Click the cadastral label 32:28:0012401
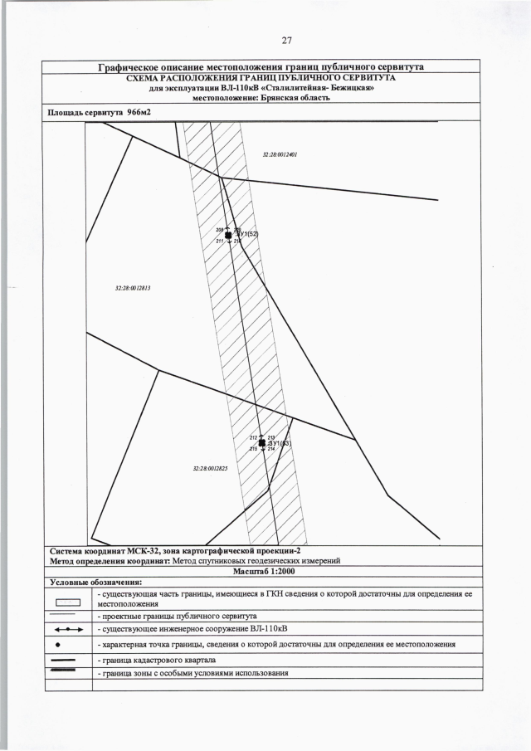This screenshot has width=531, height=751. (x=279, y=154)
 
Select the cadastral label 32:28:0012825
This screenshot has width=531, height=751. (x=209, y=469)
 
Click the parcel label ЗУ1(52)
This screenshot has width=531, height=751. (x=248, y=235)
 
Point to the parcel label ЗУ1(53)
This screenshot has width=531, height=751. (x=280, y=443)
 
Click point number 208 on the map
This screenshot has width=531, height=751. (x=219, y=230)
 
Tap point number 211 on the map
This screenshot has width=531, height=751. (x=219, y=241)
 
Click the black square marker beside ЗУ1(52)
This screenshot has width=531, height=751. (x=228, y=236)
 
